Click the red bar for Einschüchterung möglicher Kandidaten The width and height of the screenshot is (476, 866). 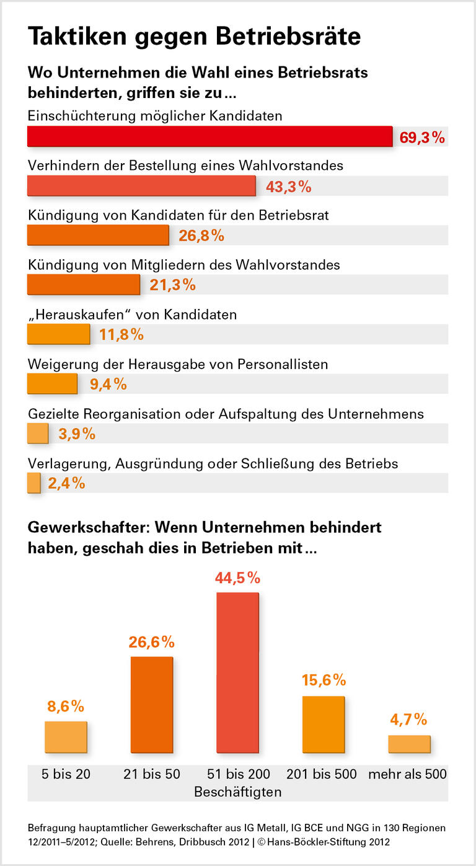pyautogui.click(x=209, y=136)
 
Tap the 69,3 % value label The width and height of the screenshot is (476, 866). pyautogui.click(x=422, y=138)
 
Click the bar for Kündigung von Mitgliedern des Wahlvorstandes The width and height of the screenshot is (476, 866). pyautogui.click(x=84, y=285)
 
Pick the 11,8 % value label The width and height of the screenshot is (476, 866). pyautogui.click(x=121, y=335)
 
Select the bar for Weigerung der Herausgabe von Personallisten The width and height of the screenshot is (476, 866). pyautogui.click(x=52, y=384)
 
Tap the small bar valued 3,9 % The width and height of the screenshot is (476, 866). pyautogui.click(x=38, y=433)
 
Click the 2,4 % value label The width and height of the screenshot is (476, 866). pyautogui.click(x=66, y=483)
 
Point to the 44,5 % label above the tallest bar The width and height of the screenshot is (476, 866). pyautogui.click(x=237, y=578)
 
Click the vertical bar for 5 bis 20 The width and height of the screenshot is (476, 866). pyautogui.click(x=66, y=737)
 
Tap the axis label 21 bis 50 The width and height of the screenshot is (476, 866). pyautogui.click(x=151, y=774)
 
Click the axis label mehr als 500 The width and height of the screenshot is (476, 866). pyautogui.click(x=408, y=774)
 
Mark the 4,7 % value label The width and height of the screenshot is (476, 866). pyautogui.click(x=408, y=720)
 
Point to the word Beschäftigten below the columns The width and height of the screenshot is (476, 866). pyautogui.click(x=237, y=792)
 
